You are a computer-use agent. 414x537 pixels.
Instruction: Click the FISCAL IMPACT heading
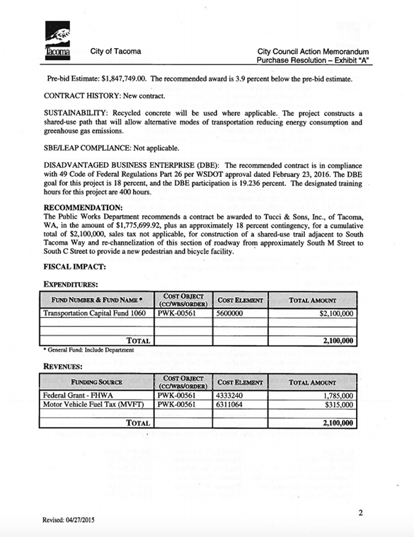coord(74,267)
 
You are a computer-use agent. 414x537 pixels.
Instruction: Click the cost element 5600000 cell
coord(229,312)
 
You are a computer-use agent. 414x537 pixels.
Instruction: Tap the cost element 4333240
coord(229,395)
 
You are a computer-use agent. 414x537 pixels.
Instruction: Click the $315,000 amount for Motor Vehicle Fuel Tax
coord(338,405)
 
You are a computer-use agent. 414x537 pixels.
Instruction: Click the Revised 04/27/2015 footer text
coord(69,521)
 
